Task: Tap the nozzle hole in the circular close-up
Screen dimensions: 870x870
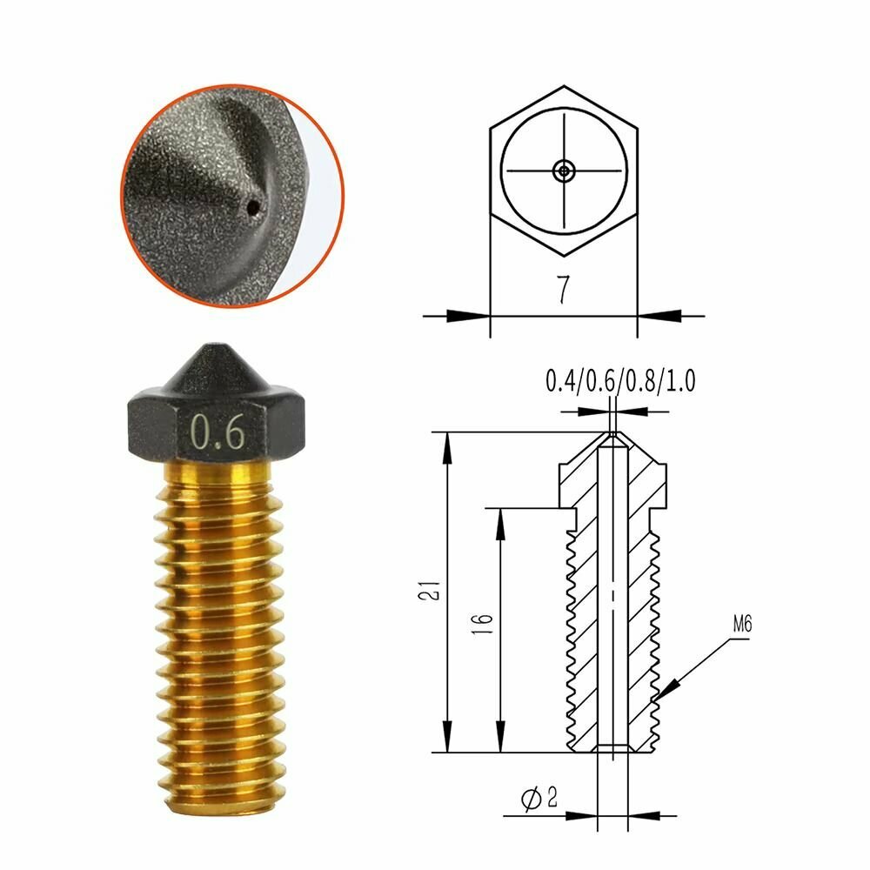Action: click(x=253, y=207)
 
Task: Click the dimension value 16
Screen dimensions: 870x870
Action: click(x=485, y=622)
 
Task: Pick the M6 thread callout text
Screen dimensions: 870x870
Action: click(x=742, y=624)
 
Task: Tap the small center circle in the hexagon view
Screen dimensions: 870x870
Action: click(x=565, y=171)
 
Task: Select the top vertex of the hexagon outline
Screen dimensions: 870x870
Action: click(x=565, y=86)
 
